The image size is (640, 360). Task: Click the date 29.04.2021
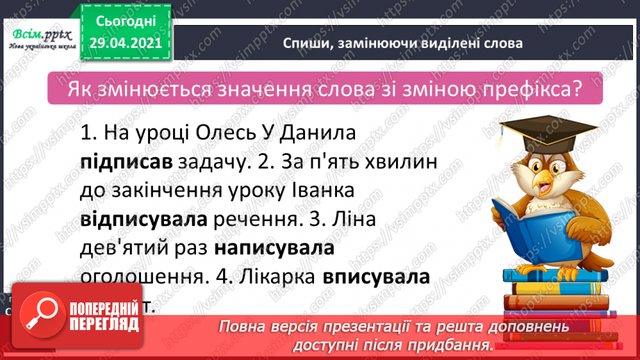click(125, 42)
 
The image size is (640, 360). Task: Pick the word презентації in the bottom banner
click(369, 327)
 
